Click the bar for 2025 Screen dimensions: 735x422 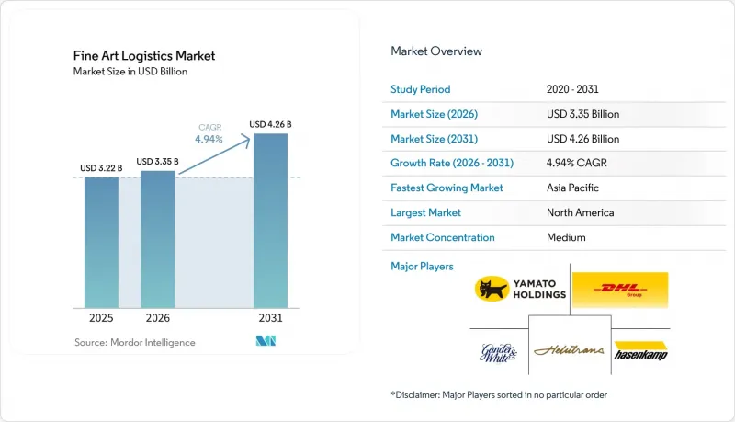point(101,243)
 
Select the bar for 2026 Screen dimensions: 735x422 point(157,239)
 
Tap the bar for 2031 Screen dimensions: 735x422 point(270,221)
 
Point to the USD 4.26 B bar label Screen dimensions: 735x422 point(270,124)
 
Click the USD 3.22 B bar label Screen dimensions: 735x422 point(101,168)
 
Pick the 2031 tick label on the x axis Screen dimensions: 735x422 point(270,318)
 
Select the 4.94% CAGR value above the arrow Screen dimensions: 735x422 point(209,139)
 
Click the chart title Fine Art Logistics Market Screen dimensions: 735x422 point(144,56)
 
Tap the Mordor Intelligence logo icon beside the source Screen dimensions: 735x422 point(266,341)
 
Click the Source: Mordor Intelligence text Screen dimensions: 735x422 point(135,342)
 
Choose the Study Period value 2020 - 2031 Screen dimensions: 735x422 point(572,89)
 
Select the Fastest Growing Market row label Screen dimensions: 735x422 point(447,188)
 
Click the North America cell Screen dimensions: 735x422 point(581,212)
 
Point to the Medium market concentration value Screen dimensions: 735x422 point(566,237)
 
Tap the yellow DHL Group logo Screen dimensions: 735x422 point(620,290)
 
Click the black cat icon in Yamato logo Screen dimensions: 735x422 point(492,289)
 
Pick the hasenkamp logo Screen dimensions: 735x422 point(640,350)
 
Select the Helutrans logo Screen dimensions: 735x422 point(569,349)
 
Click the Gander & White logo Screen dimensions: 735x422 point(498,353)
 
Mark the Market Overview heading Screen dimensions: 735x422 point(436,51)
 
